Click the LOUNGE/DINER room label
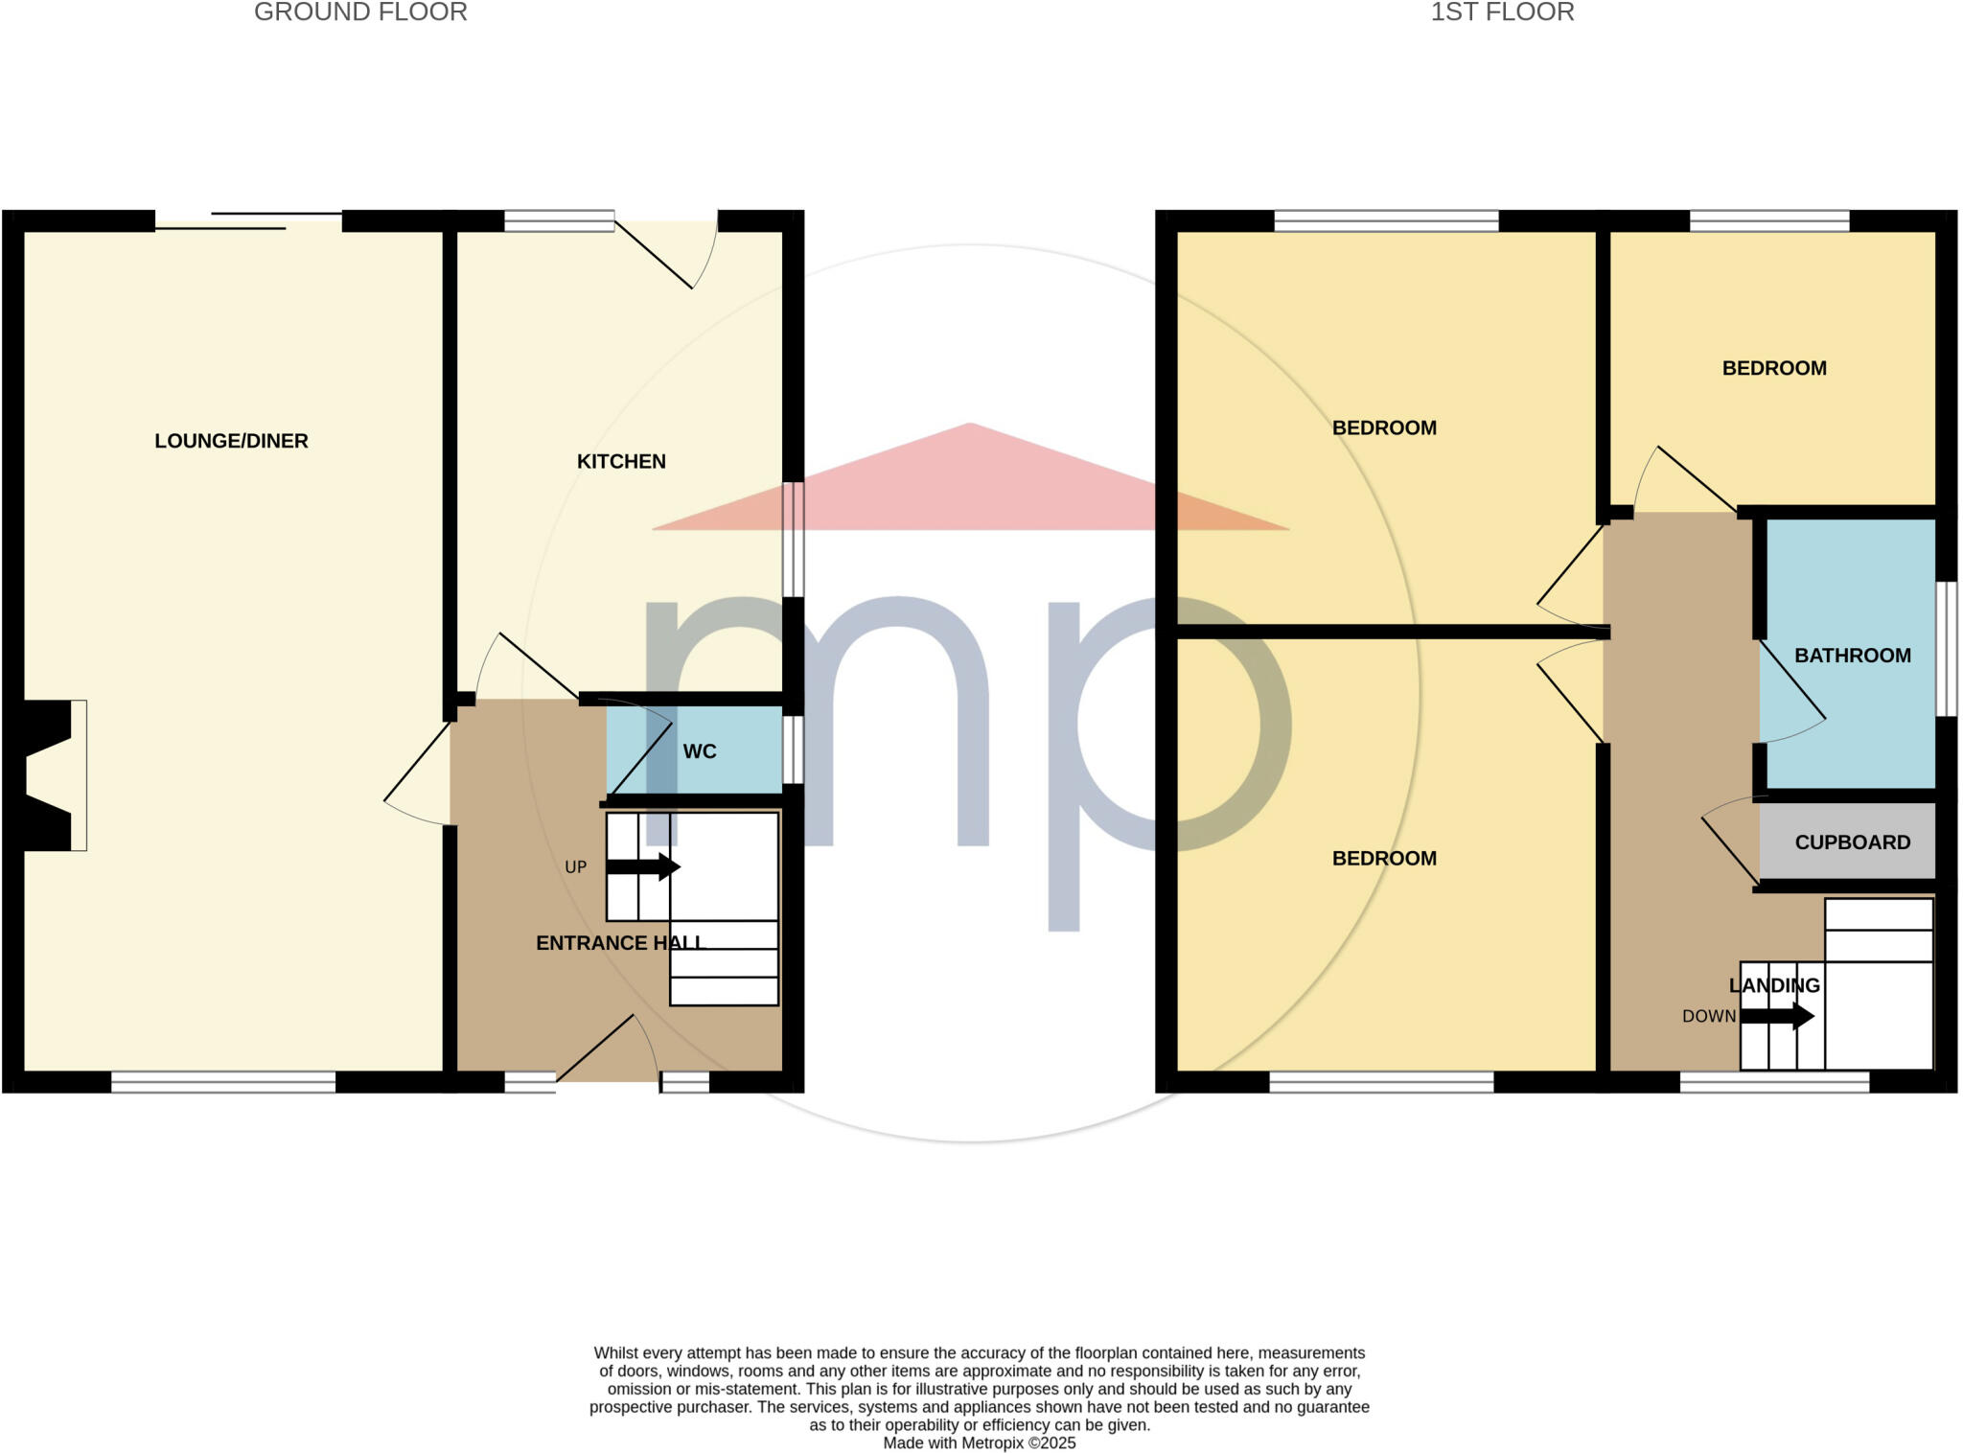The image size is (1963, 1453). point(231,441)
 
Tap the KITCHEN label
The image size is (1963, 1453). point(621,461)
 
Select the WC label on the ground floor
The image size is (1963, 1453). point(700,751)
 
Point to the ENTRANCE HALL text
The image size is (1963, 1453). point(619,943)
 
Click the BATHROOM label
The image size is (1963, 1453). point(1852,656)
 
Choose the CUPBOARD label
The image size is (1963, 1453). point(1852,842)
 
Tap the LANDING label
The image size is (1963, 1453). point(1774,985)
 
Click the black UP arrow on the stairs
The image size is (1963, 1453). point(643,867)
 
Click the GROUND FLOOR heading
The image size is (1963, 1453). point(360,12)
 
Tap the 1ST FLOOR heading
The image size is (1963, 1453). point(1502,12)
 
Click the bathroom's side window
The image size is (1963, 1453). point(1946,649)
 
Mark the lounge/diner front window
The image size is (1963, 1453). point(223,1082)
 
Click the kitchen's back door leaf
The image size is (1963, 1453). point(654,254)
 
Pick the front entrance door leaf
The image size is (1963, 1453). point(594,1048)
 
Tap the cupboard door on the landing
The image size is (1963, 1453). point(1730,849)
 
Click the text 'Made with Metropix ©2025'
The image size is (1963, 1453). point(979,1442)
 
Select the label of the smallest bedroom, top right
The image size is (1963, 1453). point(1773,368)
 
